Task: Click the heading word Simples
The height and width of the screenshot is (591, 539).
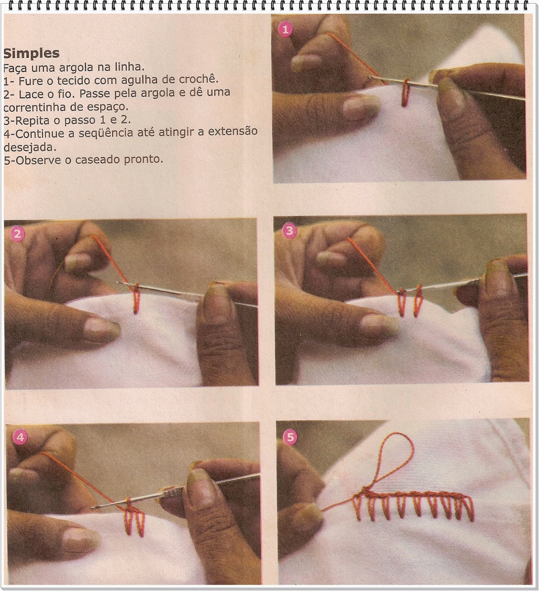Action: (31, 53)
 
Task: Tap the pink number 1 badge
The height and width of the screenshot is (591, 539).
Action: (285, 30)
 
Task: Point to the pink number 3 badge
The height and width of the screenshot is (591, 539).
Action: (289, 230)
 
